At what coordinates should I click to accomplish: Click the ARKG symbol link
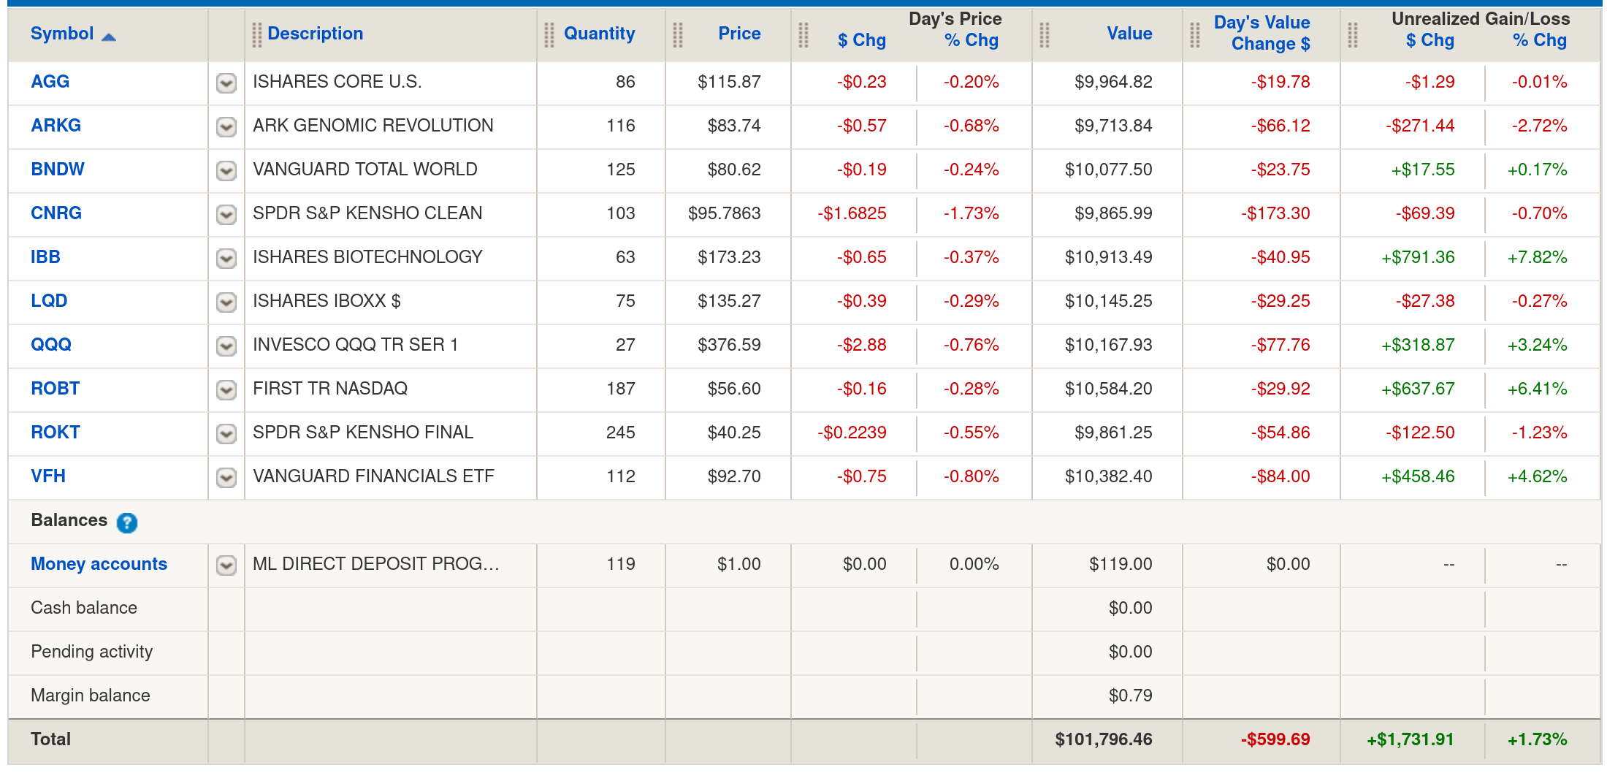coord(56,126)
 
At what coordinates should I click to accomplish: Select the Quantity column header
coord(599,34)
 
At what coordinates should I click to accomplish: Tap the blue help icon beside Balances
coord(127,522)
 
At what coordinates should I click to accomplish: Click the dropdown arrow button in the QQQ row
coord(226,346)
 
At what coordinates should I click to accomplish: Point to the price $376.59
coord(728,345)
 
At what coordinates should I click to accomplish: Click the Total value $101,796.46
coord(1103,739)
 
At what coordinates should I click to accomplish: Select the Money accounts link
coord(99,564)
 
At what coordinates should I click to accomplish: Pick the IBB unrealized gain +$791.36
coord(1417,257)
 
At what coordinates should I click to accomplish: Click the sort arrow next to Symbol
coord(109,37)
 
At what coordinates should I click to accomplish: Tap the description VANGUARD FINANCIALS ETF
coord(373,476)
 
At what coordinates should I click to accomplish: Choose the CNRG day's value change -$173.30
coord(1275,213)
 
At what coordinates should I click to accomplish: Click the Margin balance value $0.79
coord(1130,696)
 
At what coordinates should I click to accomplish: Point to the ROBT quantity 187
coord(620,389)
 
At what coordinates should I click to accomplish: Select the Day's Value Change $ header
coord(1261,34)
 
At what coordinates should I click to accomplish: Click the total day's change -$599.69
coord(1275,739)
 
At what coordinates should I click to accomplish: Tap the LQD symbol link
coord(49,301)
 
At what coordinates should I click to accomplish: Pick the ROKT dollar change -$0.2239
coord(852,433)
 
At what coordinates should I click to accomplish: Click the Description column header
coord(315,34)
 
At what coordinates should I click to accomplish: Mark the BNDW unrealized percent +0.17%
coord(1537,170)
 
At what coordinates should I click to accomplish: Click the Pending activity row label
coord(92,652)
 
